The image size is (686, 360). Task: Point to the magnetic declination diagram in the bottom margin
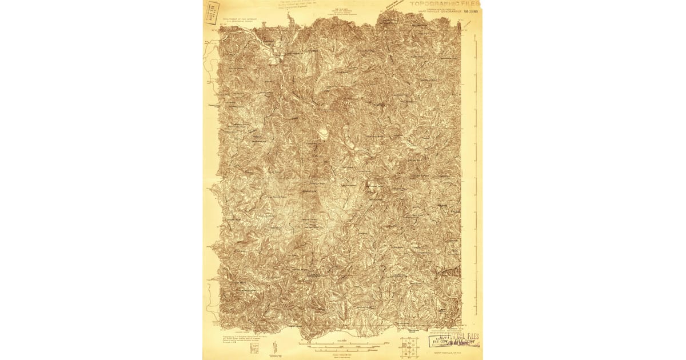click(x=276, y=346)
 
